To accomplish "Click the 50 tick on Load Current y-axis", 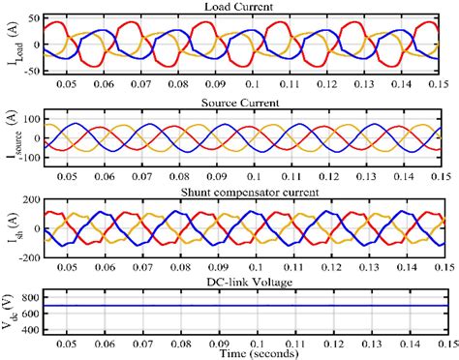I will [x=29, y=19].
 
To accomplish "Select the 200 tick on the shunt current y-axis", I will [x=27, y=200].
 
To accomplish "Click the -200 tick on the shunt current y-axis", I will [x=24, y=257].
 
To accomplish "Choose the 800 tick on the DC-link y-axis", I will [x=27, y=286].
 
